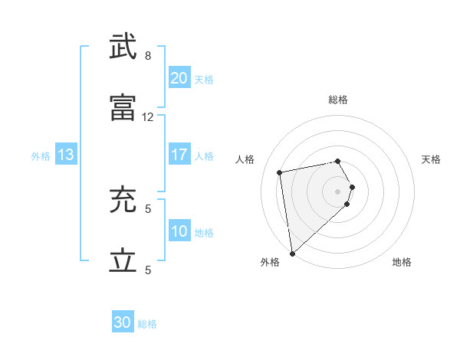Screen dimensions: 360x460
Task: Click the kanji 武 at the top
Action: click(123, 47)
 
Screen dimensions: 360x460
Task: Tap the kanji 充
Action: click(123, 200)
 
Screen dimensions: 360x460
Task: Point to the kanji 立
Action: click(123, 261)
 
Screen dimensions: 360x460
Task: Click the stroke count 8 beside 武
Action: click(148, 56)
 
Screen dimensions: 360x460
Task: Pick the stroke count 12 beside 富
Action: click(148, 117)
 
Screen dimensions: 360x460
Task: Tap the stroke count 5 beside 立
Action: click(148, 270)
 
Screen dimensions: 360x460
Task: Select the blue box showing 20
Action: click(179, 78)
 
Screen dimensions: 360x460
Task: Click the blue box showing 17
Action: click(179, 155)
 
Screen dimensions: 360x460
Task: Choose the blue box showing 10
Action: click(179, 231)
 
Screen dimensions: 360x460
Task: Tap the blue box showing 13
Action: click(65, 155)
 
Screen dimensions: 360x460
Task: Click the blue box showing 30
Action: click(123, 323)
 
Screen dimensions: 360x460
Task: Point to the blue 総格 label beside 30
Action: click(147, 324)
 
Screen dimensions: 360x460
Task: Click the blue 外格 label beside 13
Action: click(41, 155)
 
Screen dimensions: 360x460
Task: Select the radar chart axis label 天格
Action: click(431, 159)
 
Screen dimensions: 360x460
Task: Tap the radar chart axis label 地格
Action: click(402, 262)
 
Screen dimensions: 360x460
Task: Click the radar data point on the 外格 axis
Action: click(291, 253)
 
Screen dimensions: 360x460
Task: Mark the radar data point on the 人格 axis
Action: click(280, 172)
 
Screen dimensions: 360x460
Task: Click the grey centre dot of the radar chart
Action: click(337, 191)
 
